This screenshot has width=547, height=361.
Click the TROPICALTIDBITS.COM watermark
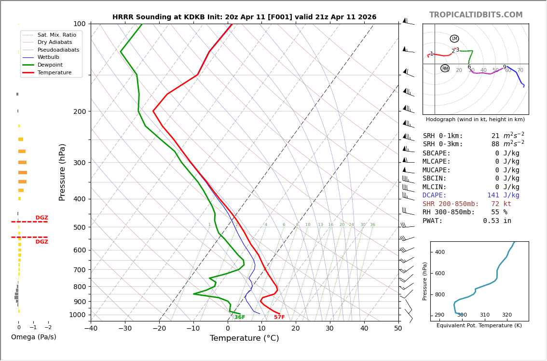click(476, 15)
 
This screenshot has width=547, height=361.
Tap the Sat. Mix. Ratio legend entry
click(56, 35)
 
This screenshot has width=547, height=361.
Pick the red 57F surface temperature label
click(279, 317)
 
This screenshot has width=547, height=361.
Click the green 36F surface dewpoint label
click(240, 317)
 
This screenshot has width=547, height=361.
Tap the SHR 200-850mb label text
click(451, 204)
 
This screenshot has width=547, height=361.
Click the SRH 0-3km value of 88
click(495, 144)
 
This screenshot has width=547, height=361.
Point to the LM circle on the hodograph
click(454, 39)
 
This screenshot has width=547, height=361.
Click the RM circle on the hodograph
click(445, 69)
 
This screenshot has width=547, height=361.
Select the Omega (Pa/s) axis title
click(34, 337)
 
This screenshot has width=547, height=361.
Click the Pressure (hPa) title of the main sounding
click(63, 172)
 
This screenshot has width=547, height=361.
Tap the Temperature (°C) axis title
click(244, 338)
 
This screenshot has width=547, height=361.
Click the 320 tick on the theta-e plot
click(507, 315)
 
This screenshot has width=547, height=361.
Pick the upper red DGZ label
click(41, 218)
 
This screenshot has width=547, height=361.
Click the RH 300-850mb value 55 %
click(499, 212)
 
